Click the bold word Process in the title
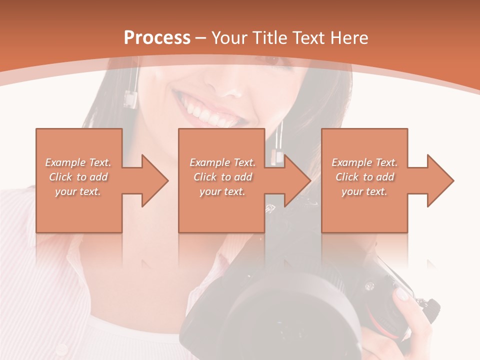coord(157,38)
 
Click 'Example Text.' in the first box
coord(78,162)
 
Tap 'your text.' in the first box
coord(78,191)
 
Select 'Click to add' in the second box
coord(222,177)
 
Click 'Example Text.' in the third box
coord(364,162)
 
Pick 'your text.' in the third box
coord(364,191)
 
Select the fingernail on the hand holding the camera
coord(402,294)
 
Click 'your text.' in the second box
coord(222,191)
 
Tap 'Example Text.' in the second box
coord(222,162)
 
